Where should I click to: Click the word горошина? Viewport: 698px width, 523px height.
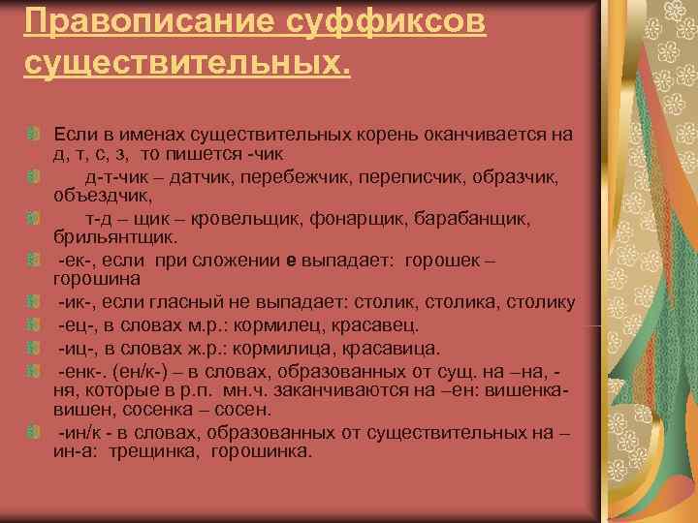click(92, 276)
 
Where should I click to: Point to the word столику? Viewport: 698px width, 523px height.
click(540, 302)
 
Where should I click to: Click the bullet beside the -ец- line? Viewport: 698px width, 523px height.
click(35, 325)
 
